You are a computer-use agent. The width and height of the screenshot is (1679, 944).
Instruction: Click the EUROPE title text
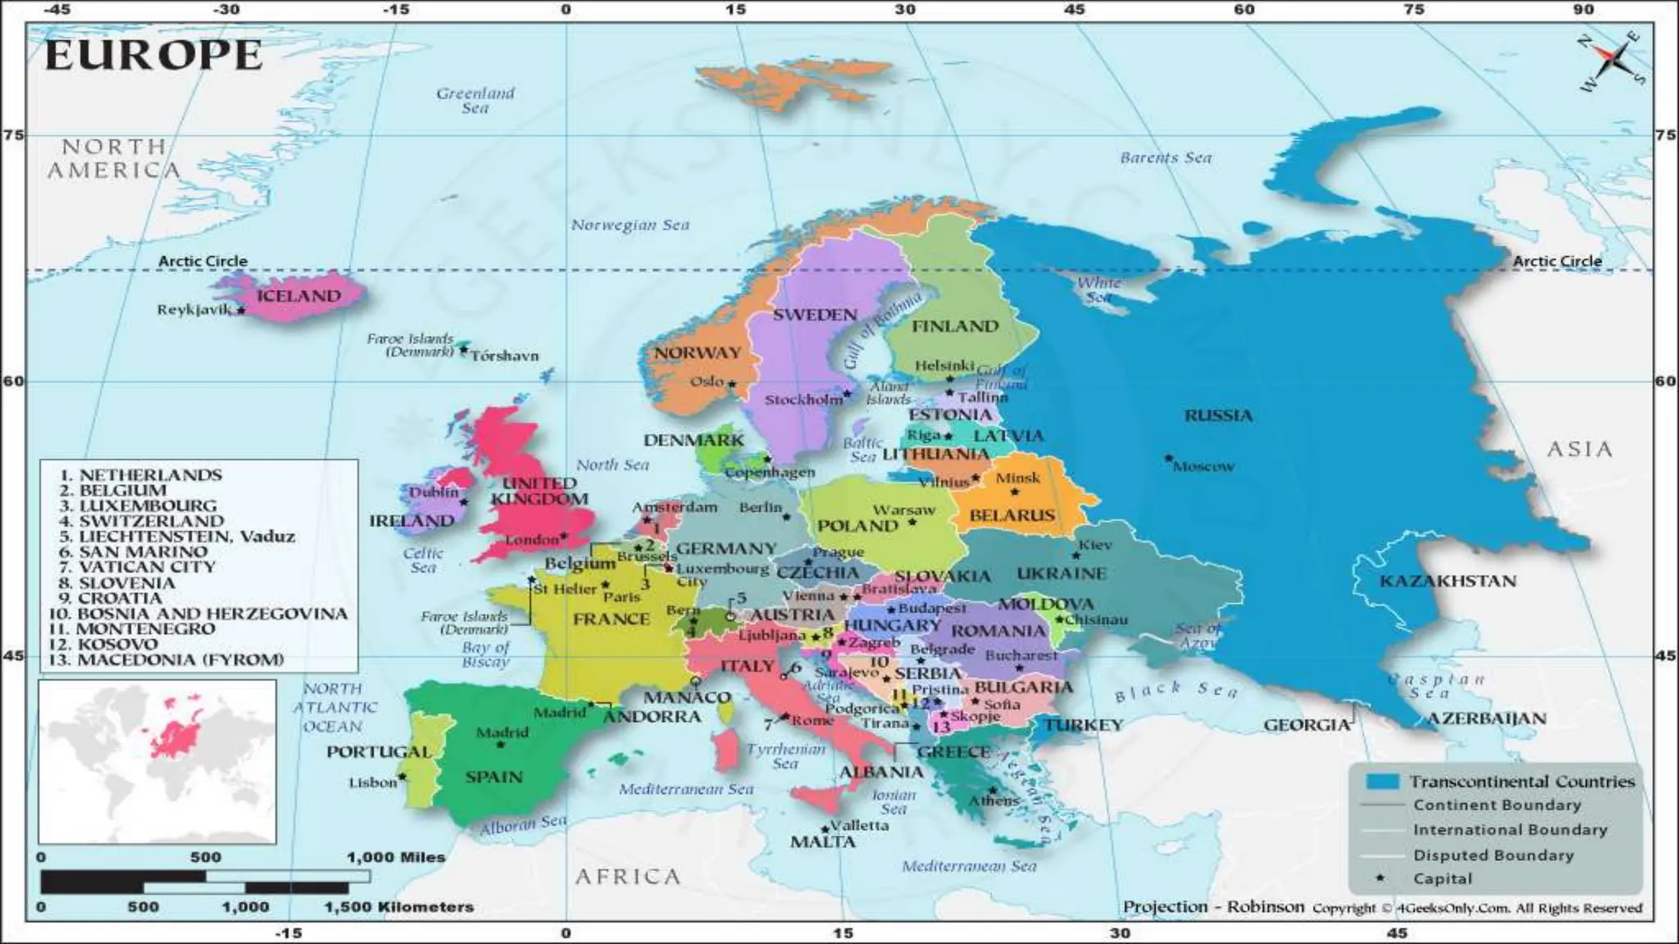(153, 56)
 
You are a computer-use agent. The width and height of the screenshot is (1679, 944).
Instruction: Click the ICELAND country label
(298, 297)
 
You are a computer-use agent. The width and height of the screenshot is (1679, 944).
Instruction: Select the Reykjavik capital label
(193, 310)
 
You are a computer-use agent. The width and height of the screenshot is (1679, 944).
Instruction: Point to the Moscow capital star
(1169, 458)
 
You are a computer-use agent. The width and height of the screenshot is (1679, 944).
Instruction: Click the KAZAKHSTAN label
(1448, 581)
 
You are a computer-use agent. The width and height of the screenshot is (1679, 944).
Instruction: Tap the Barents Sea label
(1165, 157)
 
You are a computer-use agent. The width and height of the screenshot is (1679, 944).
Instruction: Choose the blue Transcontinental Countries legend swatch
(1381, 781)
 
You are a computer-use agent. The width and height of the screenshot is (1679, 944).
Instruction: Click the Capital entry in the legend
(1442, 878)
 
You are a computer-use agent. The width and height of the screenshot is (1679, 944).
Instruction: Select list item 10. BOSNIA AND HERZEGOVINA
(198, 614)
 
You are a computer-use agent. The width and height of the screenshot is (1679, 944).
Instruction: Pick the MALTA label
(822, 842)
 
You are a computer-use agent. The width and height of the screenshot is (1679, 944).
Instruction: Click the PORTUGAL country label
(379, 751)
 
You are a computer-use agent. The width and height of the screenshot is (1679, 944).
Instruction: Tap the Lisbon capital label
(372, 783)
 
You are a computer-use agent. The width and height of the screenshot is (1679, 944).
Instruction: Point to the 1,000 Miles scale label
(396, 857)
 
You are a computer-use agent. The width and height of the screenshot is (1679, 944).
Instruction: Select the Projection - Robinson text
(1213, 906)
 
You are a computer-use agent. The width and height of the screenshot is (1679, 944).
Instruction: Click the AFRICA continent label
(627, 877)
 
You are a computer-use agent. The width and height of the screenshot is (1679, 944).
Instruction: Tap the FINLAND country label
(955, 326)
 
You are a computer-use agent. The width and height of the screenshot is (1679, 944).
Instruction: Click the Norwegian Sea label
(630, 225)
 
